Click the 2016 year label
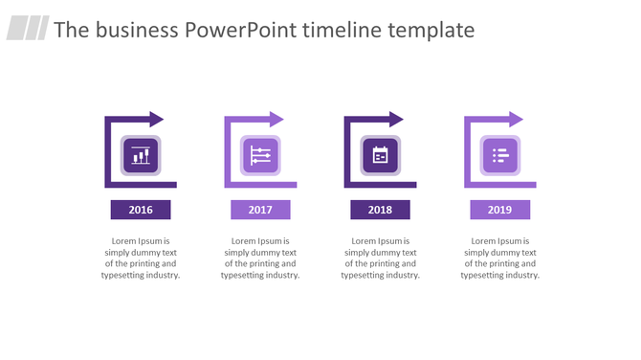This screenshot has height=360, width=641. pos(141,210)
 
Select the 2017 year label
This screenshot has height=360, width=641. pos(260,210)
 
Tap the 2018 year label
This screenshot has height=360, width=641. pos(380,210)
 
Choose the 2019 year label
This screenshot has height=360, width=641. pos(499,210)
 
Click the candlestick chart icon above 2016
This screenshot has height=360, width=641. pos(141,155)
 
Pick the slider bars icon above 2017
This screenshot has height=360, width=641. pos(260,155)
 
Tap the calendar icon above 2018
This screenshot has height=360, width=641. pos(380,155)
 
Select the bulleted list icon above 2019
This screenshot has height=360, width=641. pos(499,155)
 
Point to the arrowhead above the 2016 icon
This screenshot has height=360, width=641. pos(156,120)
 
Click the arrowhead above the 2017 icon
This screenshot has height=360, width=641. pos(276,120)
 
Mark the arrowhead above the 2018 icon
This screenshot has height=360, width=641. pos(395,120)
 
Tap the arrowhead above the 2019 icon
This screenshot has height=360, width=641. pos(515,120)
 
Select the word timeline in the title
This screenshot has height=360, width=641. pos(343,30)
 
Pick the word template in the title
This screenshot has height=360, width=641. pos(431,30)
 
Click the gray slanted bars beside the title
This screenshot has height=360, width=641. pos(28,29)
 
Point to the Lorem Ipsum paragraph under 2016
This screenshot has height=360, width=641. pos(141,258)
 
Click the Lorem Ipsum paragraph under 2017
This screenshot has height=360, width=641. pos(260,258)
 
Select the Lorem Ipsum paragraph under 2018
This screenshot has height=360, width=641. pos(380,258)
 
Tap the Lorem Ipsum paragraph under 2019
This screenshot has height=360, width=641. pos(499,258)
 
